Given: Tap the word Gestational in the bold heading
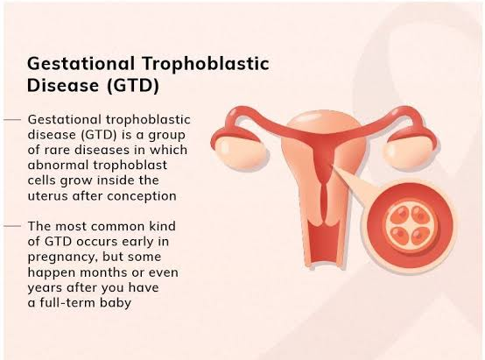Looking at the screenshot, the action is coord(81,63).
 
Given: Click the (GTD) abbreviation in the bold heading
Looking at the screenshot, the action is coord(133,86).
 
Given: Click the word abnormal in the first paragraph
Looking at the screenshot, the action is coord(59,165).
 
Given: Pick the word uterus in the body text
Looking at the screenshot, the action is coord(47,196).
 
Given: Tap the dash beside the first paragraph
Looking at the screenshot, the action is coord(12,119).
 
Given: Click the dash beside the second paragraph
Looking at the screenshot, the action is coord(12,226).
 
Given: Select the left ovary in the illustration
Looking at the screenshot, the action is coord(240,152).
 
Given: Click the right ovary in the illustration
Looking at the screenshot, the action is coord(409,152).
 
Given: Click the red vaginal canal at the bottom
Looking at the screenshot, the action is coord(325,244).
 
